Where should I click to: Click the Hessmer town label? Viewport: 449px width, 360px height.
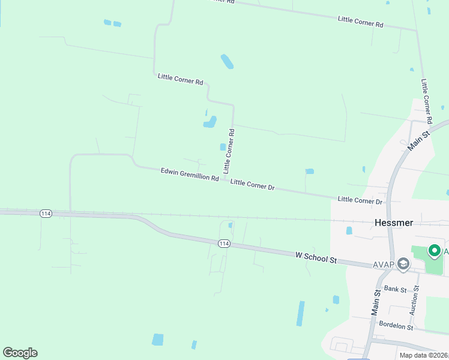[x=394, y=222]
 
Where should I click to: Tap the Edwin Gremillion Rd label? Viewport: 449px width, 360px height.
[x=190, y=175]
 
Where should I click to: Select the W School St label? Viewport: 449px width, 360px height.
[x=317, y=258]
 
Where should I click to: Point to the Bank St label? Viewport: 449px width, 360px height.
[x=396, y=289]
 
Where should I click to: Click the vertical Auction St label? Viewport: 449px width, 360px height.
[x=414, y=300]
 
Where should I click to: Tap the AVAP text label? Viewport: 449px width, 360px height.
[x=382, y=264]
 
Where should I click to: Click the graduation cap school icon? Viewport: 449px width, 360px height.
[x=403, y=263]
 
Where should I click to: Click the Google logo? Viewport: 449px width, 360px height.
[x=20, y=353]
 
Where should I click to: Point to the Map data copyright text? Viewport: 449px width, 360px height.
[x=424, y=355]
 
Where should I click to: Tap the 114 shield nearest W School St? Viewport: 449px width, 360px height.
[x=224, y=243]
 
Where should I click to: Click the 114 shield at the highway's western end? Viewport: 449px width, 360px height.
[x=46, y=214]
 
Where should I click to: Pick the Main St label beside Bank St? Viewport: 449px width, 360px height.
[x=376, y=303]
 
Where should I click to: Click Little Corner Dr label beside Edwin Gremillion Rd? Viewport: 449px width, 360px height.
[x=252, y=185]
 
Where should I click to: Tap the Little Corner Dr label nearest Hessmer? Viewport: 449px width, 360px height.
[x=360, y=200]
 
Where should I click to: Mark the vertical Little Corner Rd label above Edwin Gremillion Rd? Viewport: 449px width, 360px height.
[x=229, y=151]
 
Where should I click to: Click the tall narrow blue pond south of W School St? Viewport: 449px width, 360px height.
[x=300, y=313]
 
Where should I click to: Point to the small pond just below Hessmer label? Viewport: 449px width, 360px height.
[x=349, y=230]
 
